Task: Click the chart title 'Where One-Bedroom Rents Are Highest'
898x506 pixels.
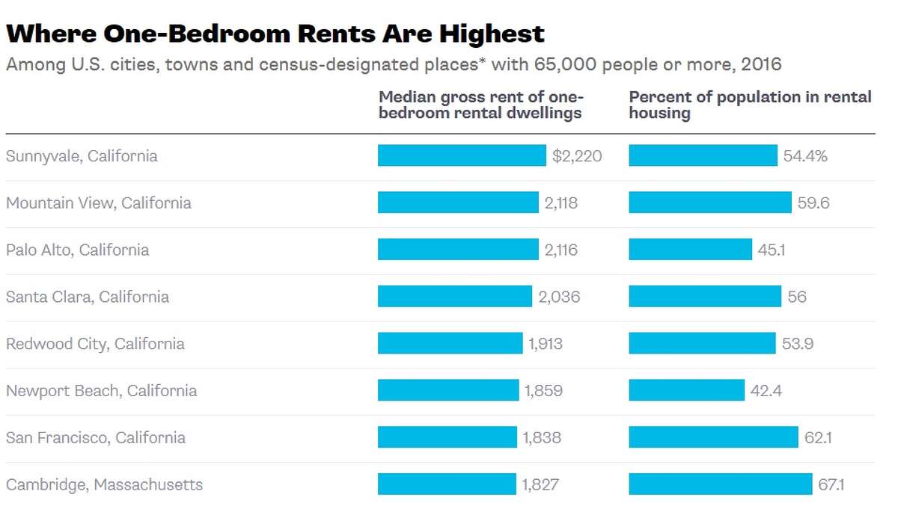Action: (275, 34)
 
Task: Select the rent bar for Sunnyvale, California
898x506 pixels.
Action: (462, 155)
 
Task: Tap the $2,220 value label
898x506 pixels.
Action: (577, 156)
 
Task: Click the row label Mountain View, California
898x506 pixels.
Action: (99, 203)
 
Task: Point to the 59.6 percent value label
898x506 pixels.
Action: (813, 203)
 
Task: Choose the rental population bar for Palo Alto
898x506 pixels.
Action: (690, 250)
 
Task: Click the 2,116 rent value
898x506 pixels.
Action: (561, 250)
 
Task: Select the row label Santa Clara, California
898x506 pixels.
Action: (88, 297)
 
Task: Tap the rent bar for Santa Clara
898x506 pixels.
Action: (454, 297)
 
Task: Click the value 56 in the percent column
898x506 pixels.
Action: (797, 297)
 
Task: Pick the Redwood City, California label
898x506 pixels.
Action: (95, 344)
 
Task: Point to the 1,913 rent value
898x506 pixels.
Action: (546, 344)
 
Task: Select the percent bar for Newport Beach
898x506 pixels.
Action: (686, 390)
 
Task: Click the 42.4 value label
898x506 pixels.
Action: (766, 390)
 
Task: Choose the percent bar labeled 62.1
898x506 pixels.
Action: (713, 437)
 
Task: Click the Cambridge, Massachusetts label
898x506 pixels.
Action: (104, 484)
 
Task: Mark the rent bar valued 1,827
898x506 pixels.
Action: (447, 484)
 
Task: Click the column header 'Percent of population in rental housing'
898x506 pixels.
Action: (750, 105)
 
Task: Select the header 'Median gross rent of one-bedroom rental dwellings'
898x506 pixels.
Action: (480, 105)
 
